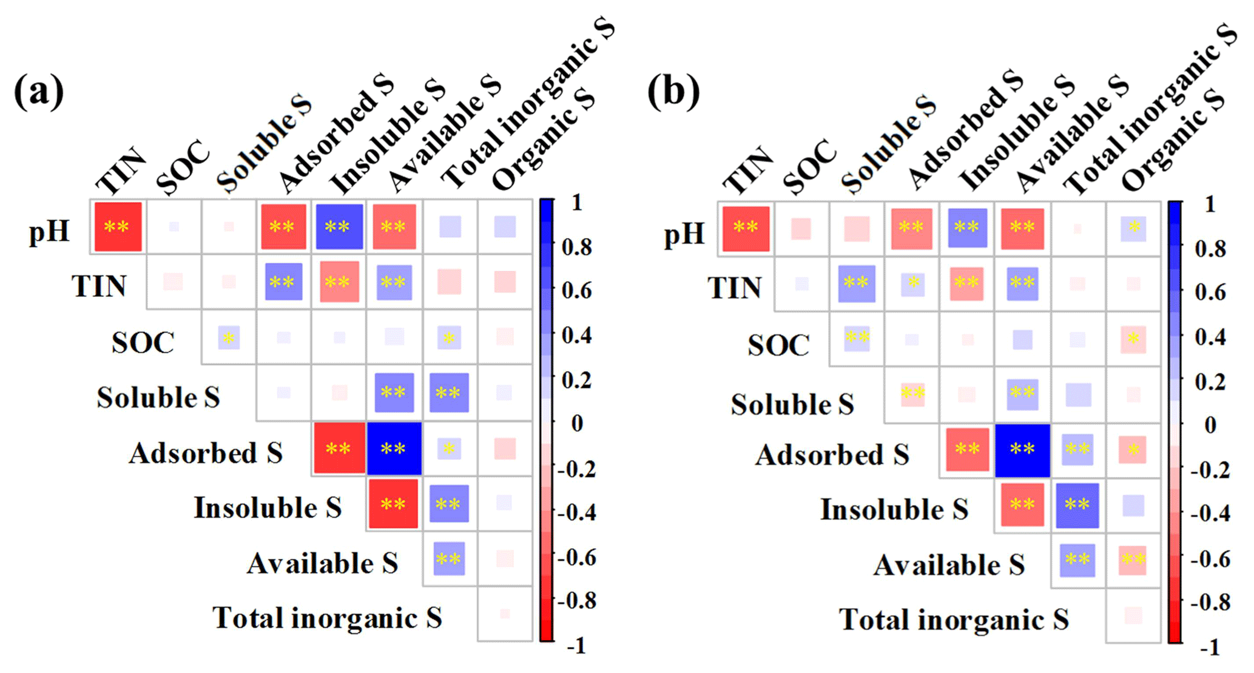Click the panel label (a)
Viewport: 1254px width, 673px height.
(x=38, y=92)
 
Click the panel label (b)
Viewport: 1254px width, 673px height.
(x=673, y=92)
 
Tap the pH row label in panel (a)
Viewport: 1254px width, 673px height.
(x=49, y=231)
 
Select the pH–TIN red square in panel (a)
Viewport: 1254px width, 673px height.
(x=118, y=226)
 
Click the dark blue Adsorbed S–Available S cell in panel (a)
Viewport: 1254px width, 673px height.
(x=394, y=448)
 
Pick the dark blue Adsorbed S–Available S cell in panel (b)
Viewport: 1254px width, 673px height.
(x=1022, y=450)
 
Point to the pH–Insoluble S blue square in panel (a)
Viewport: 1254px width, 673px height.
(x=339, y=226)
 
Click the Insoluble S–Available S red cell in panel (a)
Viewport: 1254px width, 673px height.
(x=393, y=504)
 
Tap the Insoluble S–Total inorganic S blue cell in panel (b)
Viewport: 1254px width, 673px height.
(x=1077, y=505)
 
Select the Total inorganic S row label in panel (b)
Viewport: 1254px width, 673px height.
(x=954, y=620)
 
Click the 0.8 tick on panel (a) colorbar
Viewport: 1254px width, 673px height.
(x=576, y=247)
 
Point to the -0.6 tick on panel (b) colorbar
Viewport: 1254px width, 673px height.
(x=1210, y=559)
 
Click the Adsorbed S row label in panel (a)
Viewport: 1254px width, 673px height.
(x=206, y=453)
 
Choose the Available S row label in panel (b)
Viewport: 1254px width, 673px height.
(x=949, y=566)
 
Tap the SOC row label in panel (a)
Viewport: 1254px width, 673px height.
(x=143, y=343)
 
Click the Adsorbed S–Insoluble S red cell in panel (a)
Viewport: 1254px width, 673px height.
(x=339, y=448)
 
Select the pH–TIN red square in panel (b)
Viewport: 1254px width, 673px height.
(x=746, y=228)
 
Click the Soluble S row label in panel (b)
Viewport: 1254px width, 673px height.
(x=792, y=405)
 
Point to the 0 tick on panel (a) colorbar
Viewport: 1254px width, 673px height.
(x=577, y=423)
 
